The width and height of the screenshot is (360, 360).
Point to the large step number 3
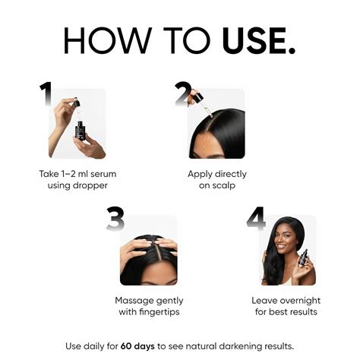point(115,218)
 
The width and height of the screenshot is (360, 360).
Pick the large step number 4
point(255,218)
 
